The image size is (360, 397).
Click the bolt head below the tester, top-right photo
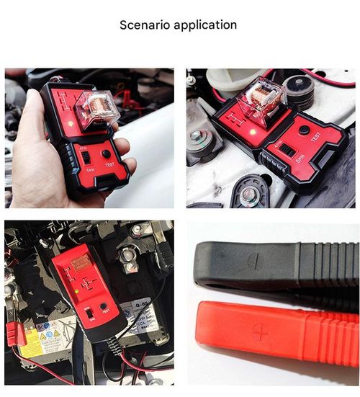point(248,193)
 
